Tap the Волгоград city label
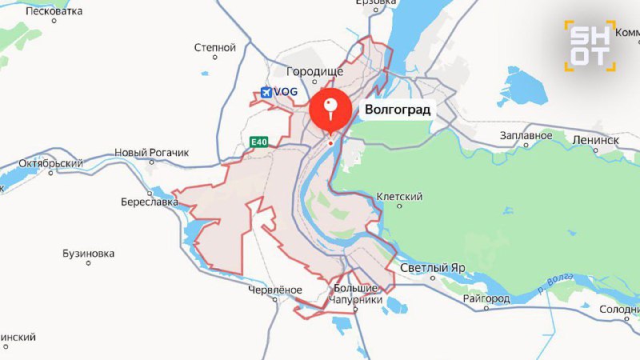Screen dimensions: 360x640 point(397,110)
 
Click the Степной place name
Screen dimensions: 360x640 point(214,48)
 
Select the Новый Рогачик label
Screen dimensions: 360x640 point(151,152)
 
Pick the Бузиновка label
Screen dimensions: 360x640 point(88,254)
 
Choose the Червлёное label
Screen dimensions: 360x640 point(275,290)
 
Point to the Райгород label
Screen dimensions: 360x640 point(486,298)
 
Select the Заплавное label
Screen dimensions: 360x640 point(526,135)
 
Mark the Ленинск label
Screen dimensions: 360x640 point(595,139)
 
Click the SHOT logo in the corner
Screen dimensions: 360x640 point(590,45)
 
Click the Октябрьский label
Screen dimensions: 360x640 point(50,164)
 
